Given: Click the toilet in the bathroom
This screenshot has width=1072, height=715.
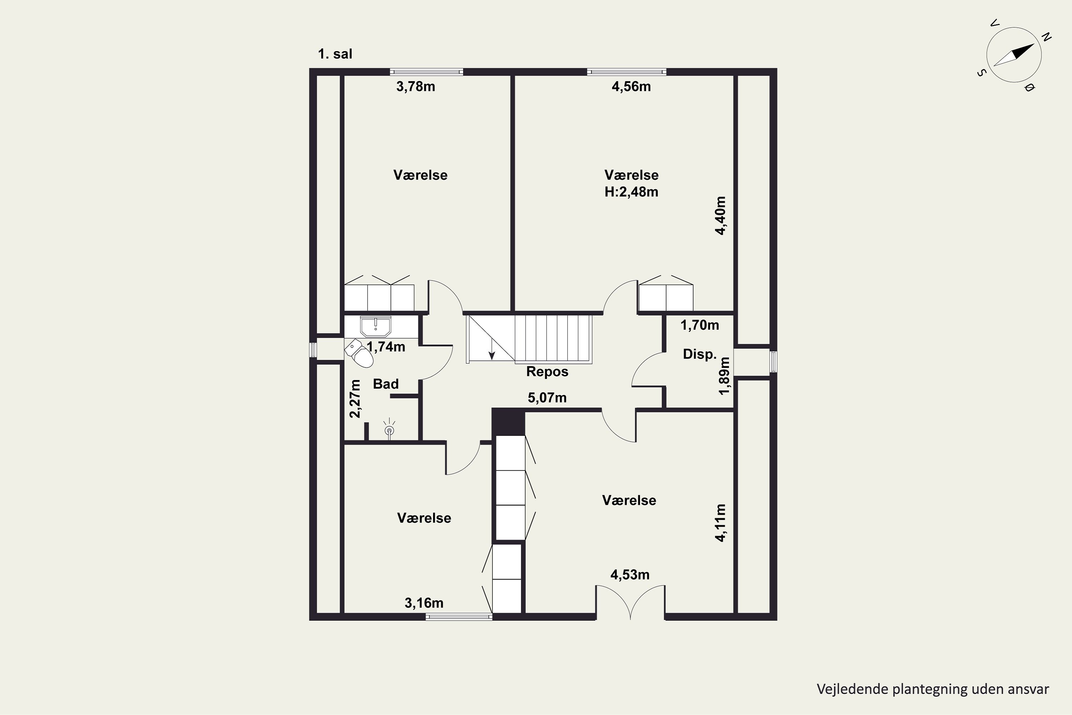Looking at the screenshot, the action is pyautogui.click(x=359, y=353).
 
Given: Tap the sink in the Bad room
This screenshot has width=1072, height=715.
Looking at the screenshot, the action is pyautogui.click(x=376, y=326).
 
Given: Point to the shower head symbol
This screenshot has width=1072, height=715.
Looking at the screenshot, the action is pyautogui.click(x=389, y=429).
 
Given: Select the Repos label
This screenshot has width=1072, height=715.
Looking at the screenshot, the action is pyautogui.click(x=547, y=372).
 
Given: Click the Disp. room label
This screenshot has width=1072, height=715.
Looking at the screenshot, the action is pyautogui.click(x=700, y=354).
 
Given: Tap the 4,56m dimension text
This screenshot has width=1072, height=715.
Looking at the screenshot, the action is pyautogui.click(x=631, y=87).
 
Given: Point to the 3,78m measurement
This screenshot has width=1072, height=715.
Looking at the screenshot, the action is pyautogui.click(x=416, y=87).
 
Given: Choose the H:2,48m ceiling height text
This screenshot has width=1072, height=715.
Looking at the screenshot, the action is pyautogui.click(x=631, y=192).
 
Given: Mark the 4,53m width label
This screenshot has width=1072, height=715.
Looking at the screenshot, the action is pyautogui.click(x=630, y=575).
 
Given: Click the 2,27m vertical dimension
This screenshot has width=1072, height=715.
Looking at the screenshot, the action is pyautogui.click(x=355, y=399).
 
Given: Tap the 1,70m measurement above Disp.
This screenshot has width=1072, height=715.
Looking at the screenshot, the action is pyautogui.click(x=700, y=325).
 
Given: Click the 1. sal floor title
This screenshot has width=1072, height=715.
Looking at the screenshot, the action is pyautogui.click(x=335, y=54).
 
